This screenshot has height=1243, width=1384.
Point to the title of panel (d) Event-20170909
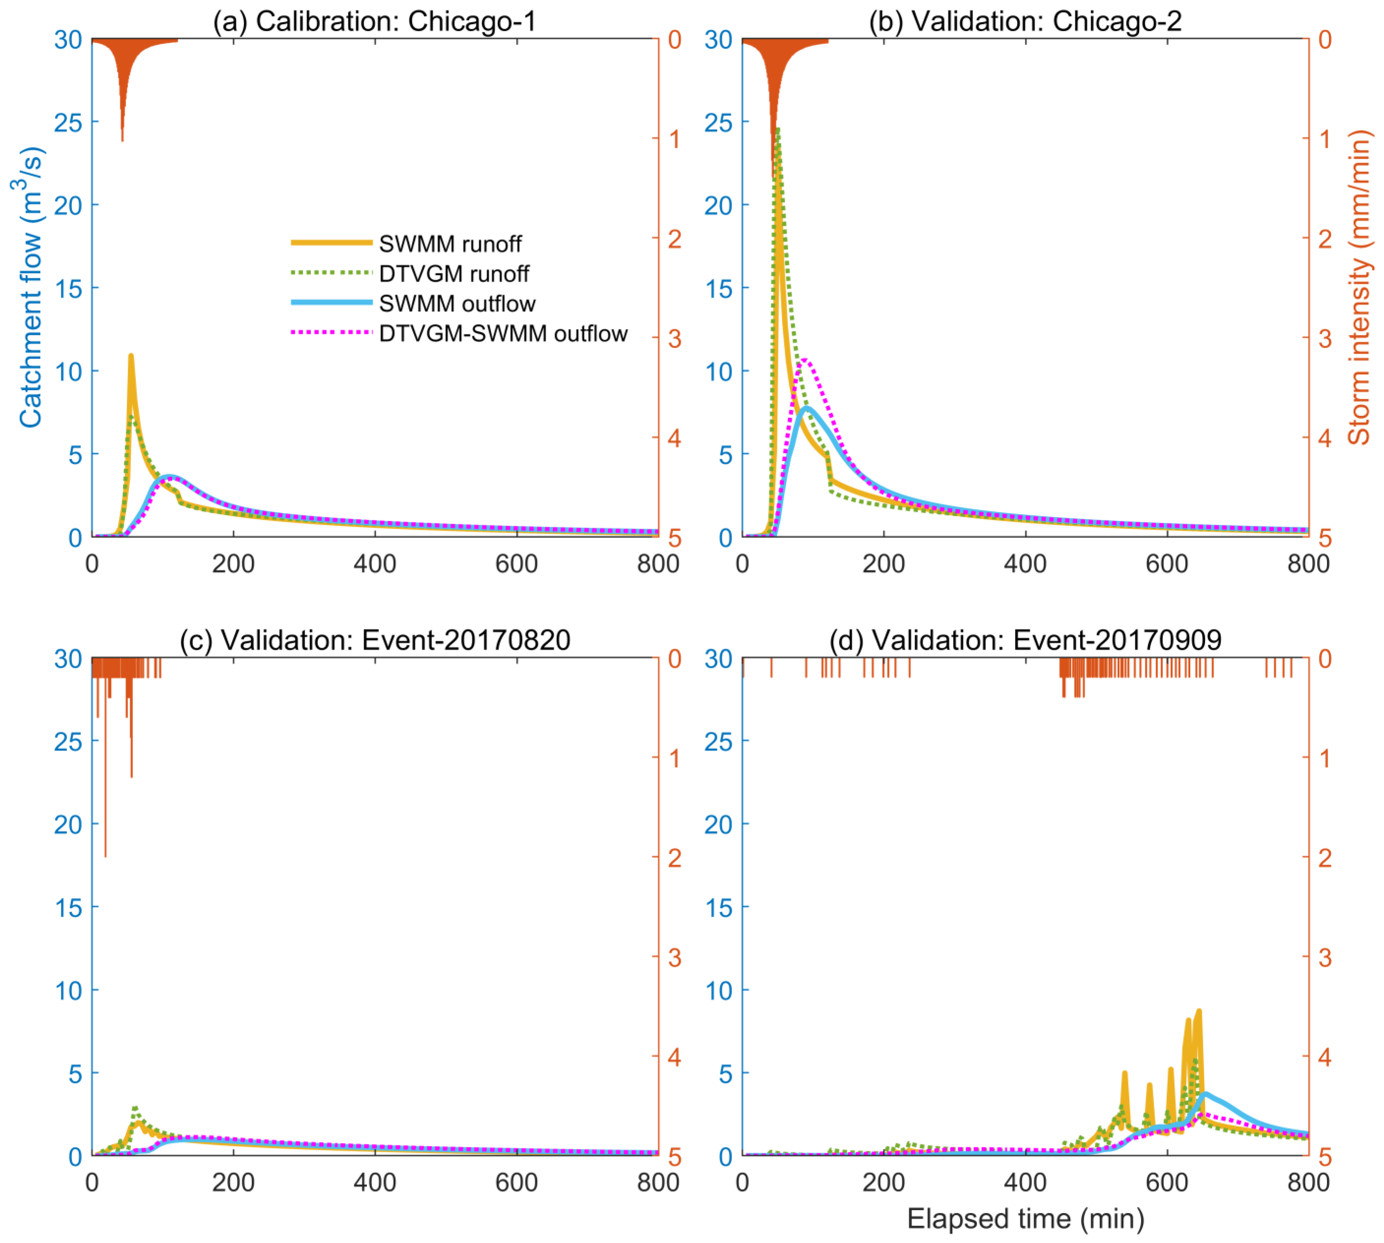point(1025,640)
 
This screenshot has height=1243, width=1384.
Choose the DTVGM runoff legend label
point(454,274)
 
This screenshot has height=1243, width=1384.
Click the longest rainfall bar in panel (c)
point(105,854)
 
